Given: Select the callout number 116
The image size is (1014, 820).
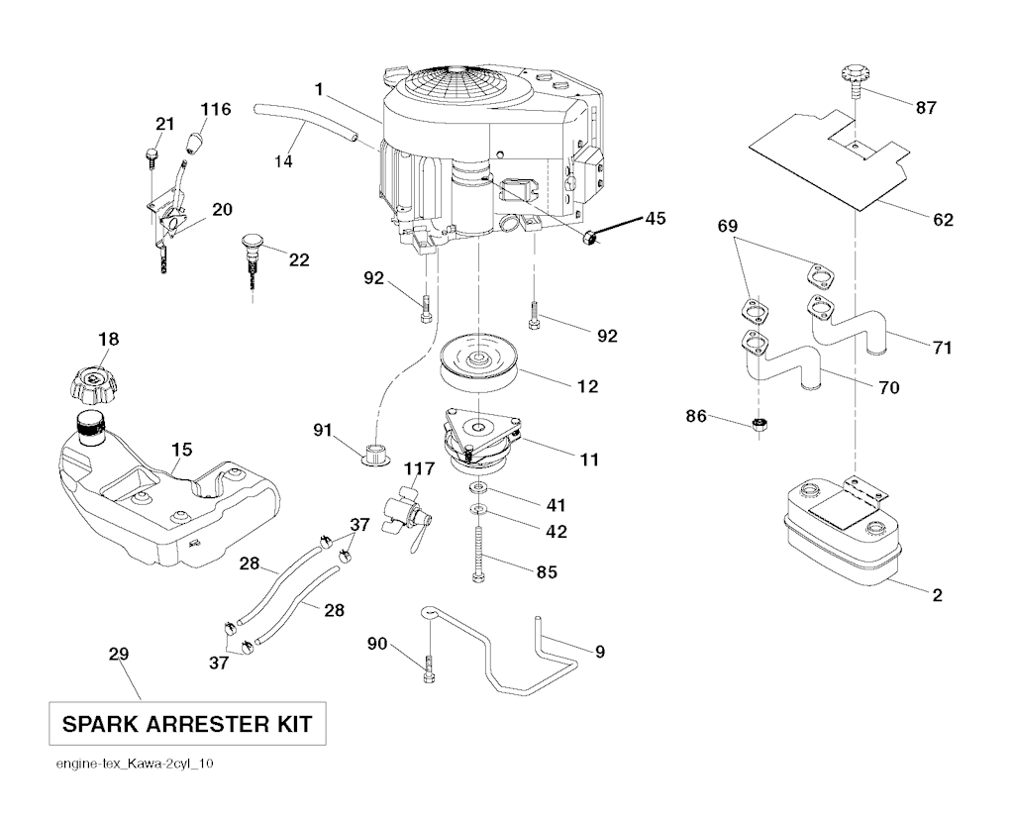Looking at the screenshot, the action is tap(215, 109).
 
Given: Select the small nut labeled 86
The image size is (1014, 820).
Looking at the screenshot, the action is tap(760, 425).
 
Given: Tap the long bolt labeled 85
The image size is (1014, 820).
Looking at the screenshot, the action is tap(478, 555).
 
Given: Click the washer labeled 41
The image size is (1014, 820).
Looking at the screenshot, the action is tap(477, 485).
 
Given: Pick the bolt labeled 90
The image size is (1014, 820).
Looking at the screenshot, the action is tap(430, 669).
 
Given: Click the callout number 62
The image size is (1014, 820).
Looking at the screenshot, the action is tap(944, 220).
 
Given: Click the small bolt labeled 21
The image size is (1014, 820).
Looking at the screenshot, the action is tap(152, 158).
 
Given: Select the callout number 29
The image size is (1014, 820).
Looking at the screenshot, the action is tap(119, 655).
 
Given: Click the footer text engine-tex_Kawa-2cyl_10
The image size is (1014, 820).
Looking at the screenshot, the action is tap(135, 765).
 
